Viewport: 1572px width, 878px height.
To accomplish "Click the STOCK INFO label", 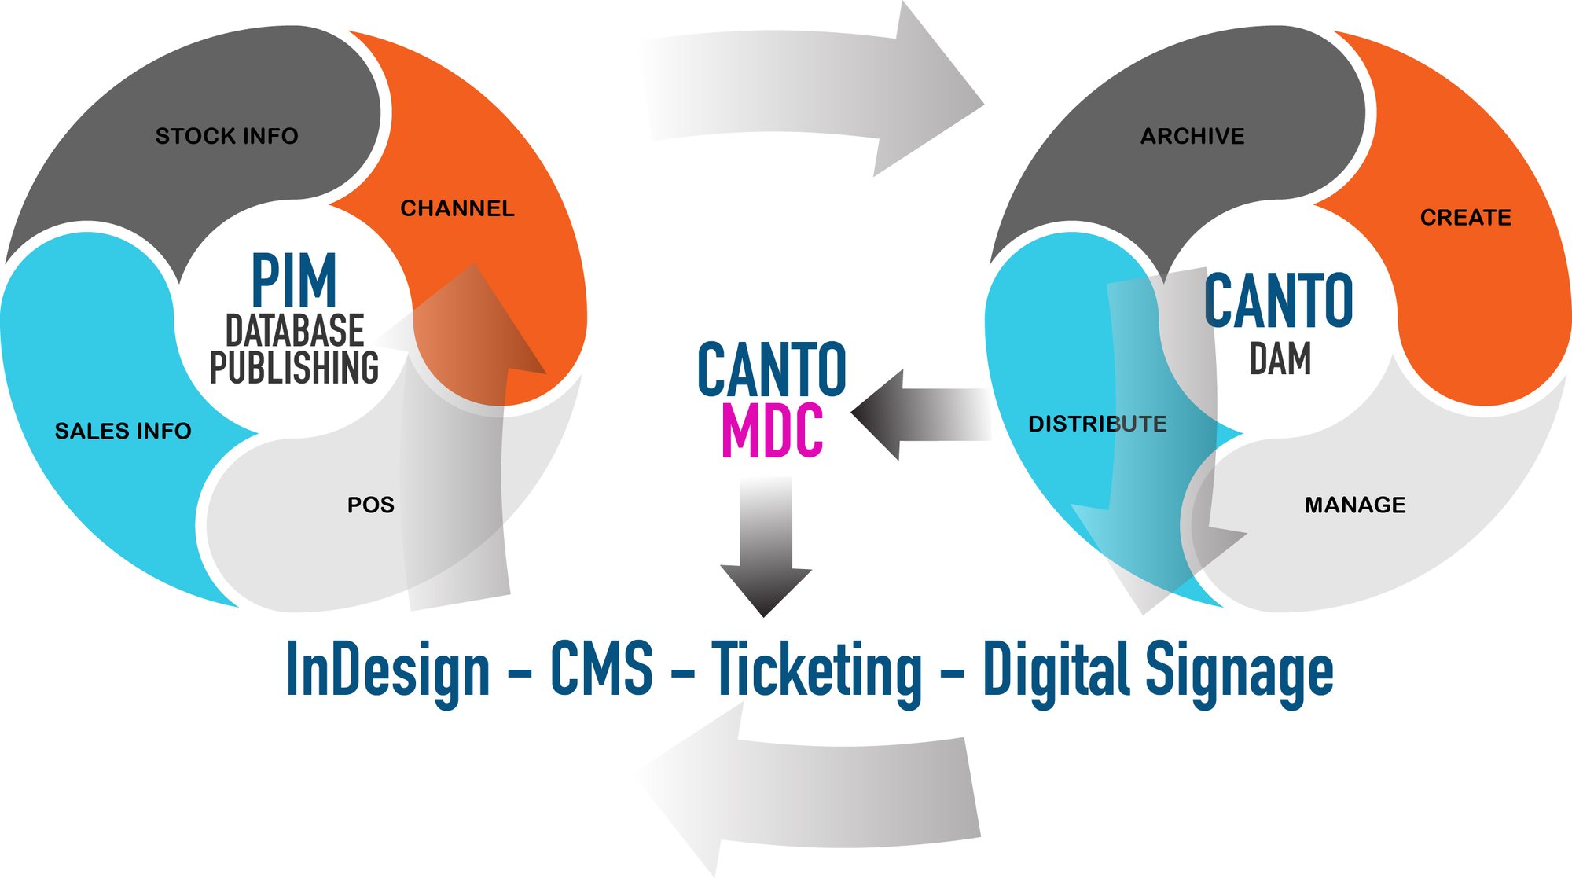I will click(x=226, y=136).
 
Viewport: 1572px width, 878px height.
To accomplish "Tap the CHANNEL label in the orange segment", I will click(x=457, y=208).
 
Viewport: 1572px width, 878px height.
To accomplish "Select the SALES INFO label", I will click(x=123, y=431).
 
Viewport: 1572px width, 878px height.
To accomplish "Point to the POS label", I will click(x=371, y=505).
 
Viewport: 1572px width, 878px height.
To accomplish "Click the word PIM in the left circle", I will click(x=294, y=281).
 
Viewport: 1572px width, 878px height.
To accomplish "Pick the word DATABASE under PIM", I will click(x=295, y=330).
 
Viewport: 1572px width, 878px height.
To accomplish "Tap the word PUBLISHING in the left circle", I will click(x=294, y=367).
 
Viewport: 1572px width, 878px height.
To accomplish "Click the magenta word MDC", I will click(x=772, y=431).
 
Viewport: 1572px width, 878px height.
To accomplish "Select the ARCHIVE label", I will click(x=1192, y=136).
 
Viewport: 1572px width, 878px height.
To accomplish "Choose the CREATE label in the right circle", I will click(x=1466, y=217).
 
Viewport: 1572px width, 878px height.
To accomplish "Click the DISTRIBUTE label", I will click(x=1097, y=424).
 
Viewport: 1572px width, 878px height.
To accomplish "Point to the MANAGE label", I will click(x=1355, y=505).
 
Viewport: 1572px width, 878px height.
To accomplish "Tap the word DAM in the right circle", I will click(x=1280, y=359).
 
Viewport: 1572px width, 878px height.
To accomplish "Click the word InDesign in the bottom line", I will click(x=387, y=670).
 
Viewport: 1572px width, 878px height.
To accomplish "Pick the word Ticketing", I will click(x=817, y=670).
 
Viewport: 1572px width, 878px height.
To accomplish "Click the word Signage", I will click(x=1239, y=670).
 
